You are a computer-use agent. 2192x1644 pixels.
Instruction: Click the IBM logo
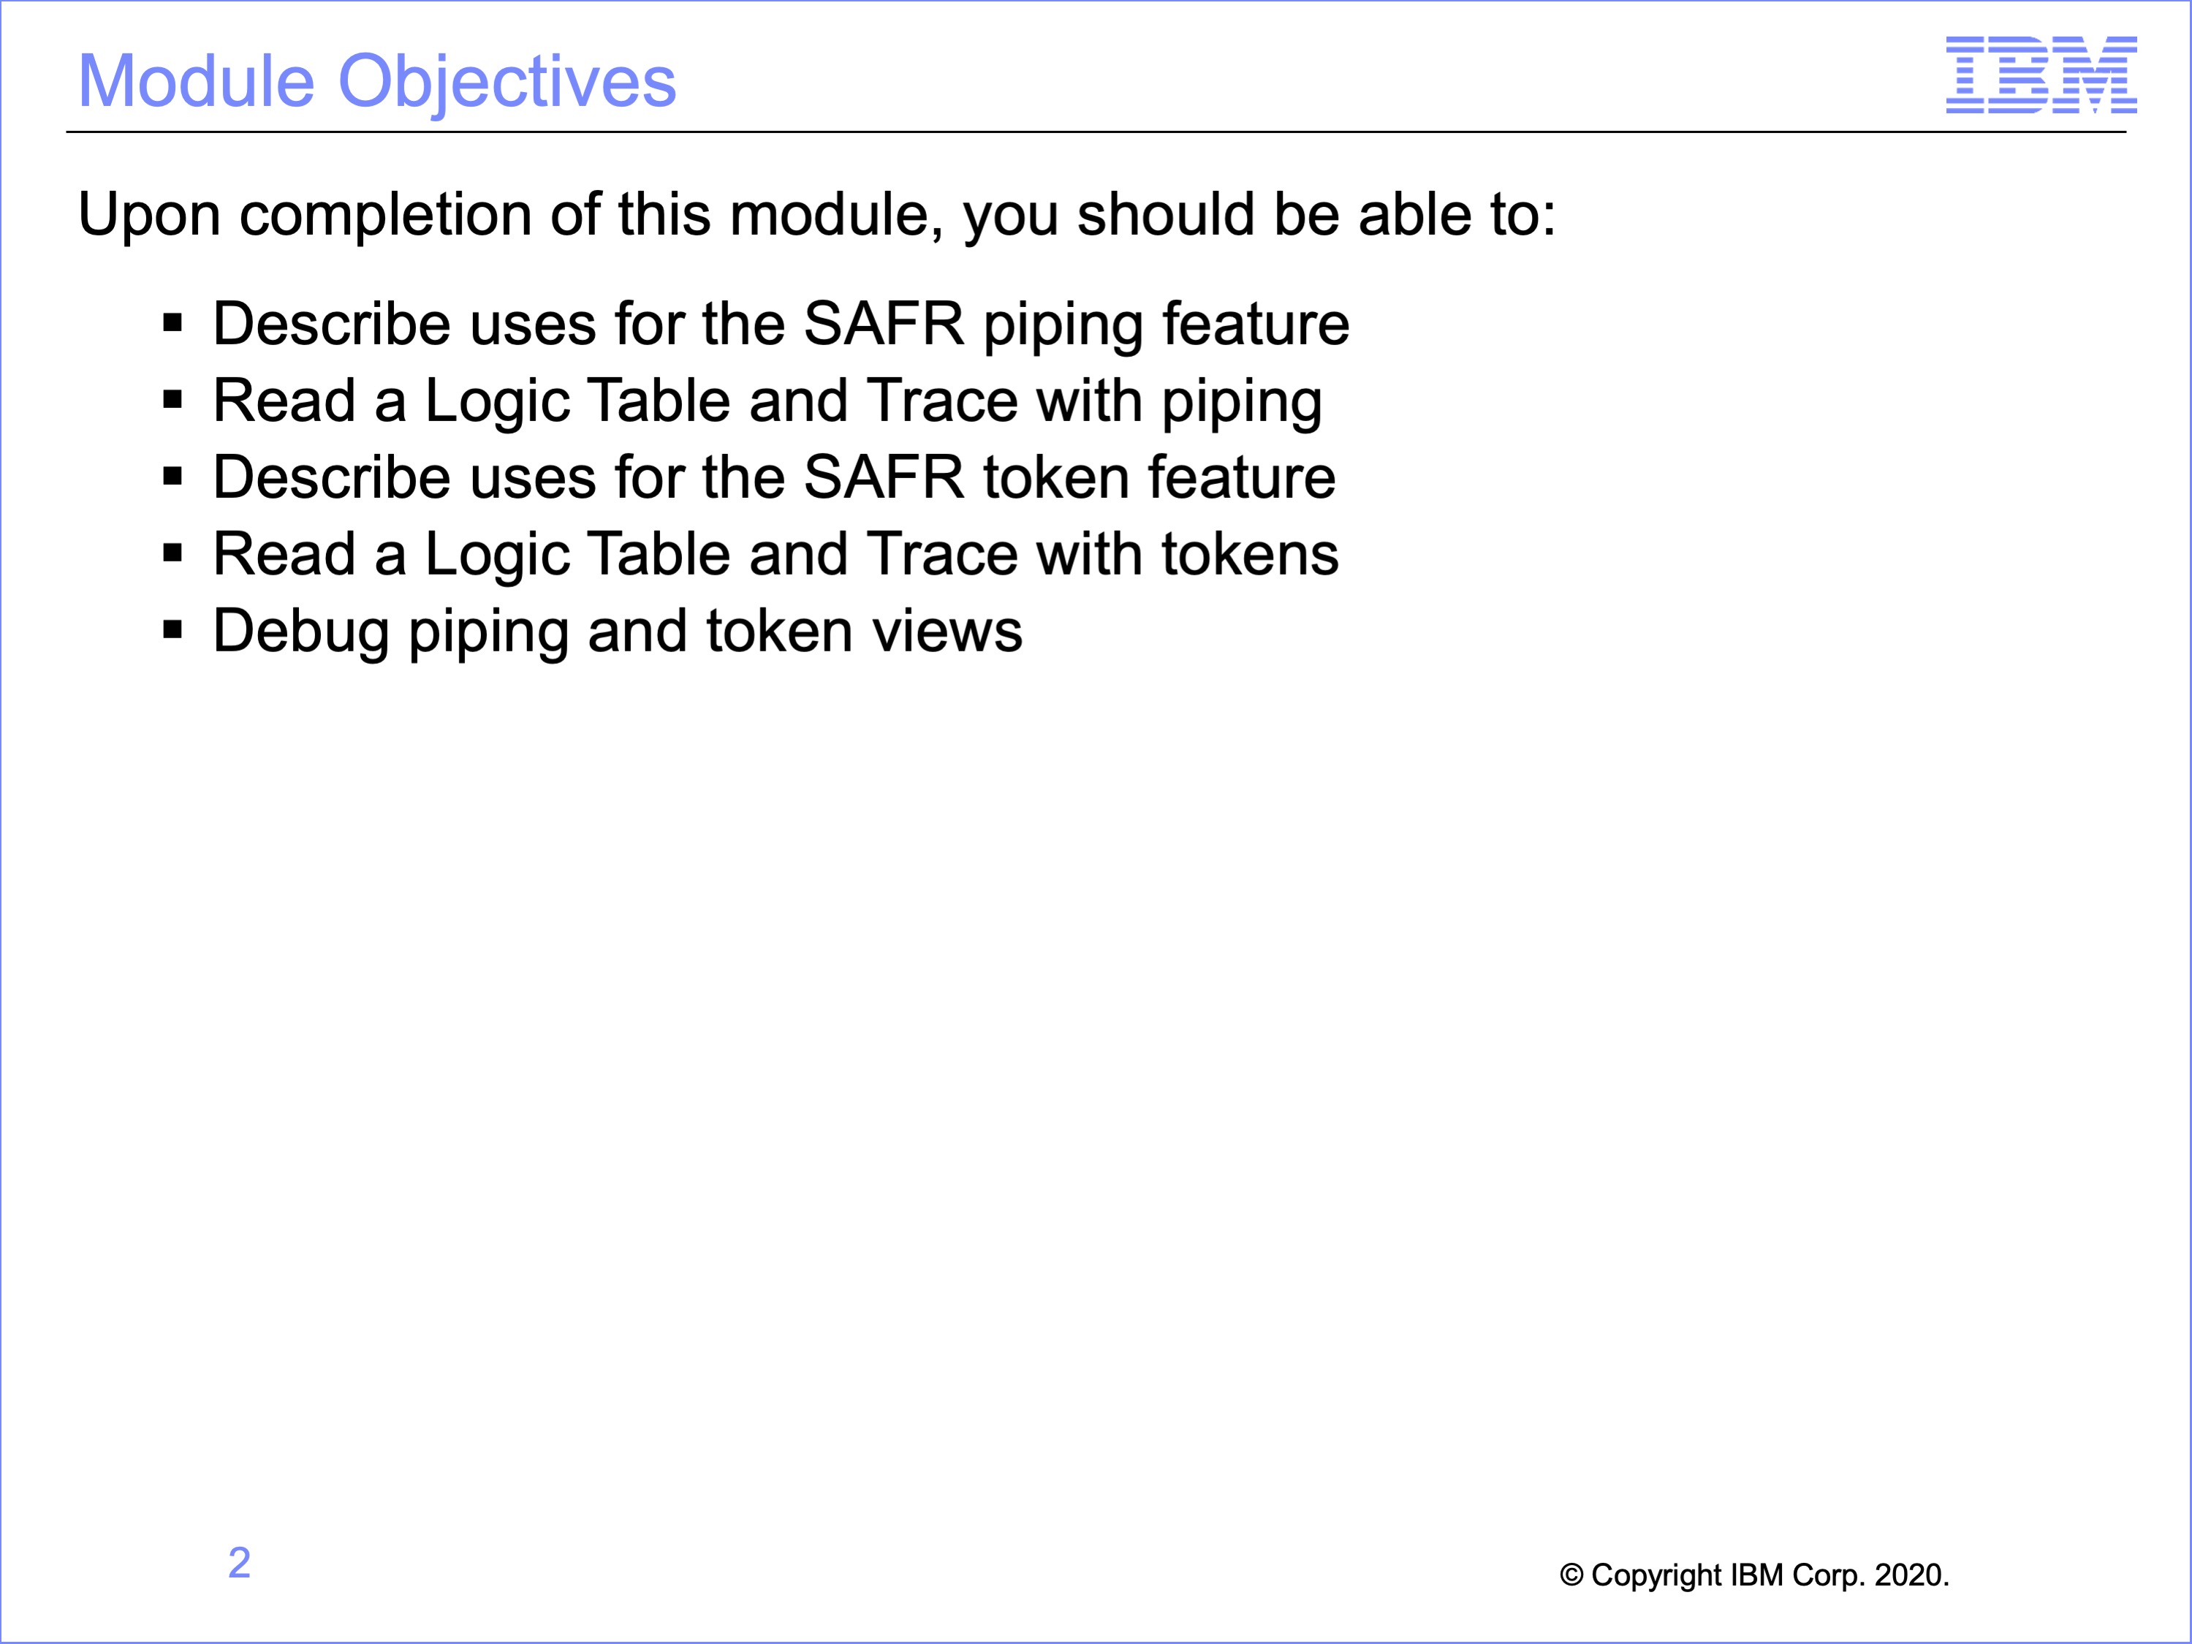coord(2041,75)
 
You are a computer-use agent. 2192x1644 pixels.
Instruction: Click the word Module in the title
coord(196,81)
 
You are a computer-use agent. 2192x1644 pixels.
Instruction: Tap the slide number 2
coord(239,1563)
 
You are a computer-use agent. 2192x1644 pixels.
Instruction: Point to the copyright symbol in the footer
coord(1571,1575)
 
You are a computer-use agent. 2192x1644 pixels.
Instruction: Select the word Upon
coord(148,215)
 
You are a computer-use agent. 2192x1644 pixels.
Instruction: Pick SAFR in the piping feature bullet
coord(883,324)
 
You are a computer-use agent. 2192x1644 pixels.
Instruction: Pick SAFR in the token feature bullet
coord(883,477)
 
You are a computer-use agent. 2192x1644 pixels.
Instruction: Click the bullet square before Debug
coord(172,630)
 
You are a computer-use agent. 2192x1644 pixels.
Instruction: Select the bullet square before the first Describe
coord(172,323)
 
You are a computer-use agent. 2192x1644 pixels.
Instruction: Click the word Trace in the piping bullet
coord(941,401)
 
